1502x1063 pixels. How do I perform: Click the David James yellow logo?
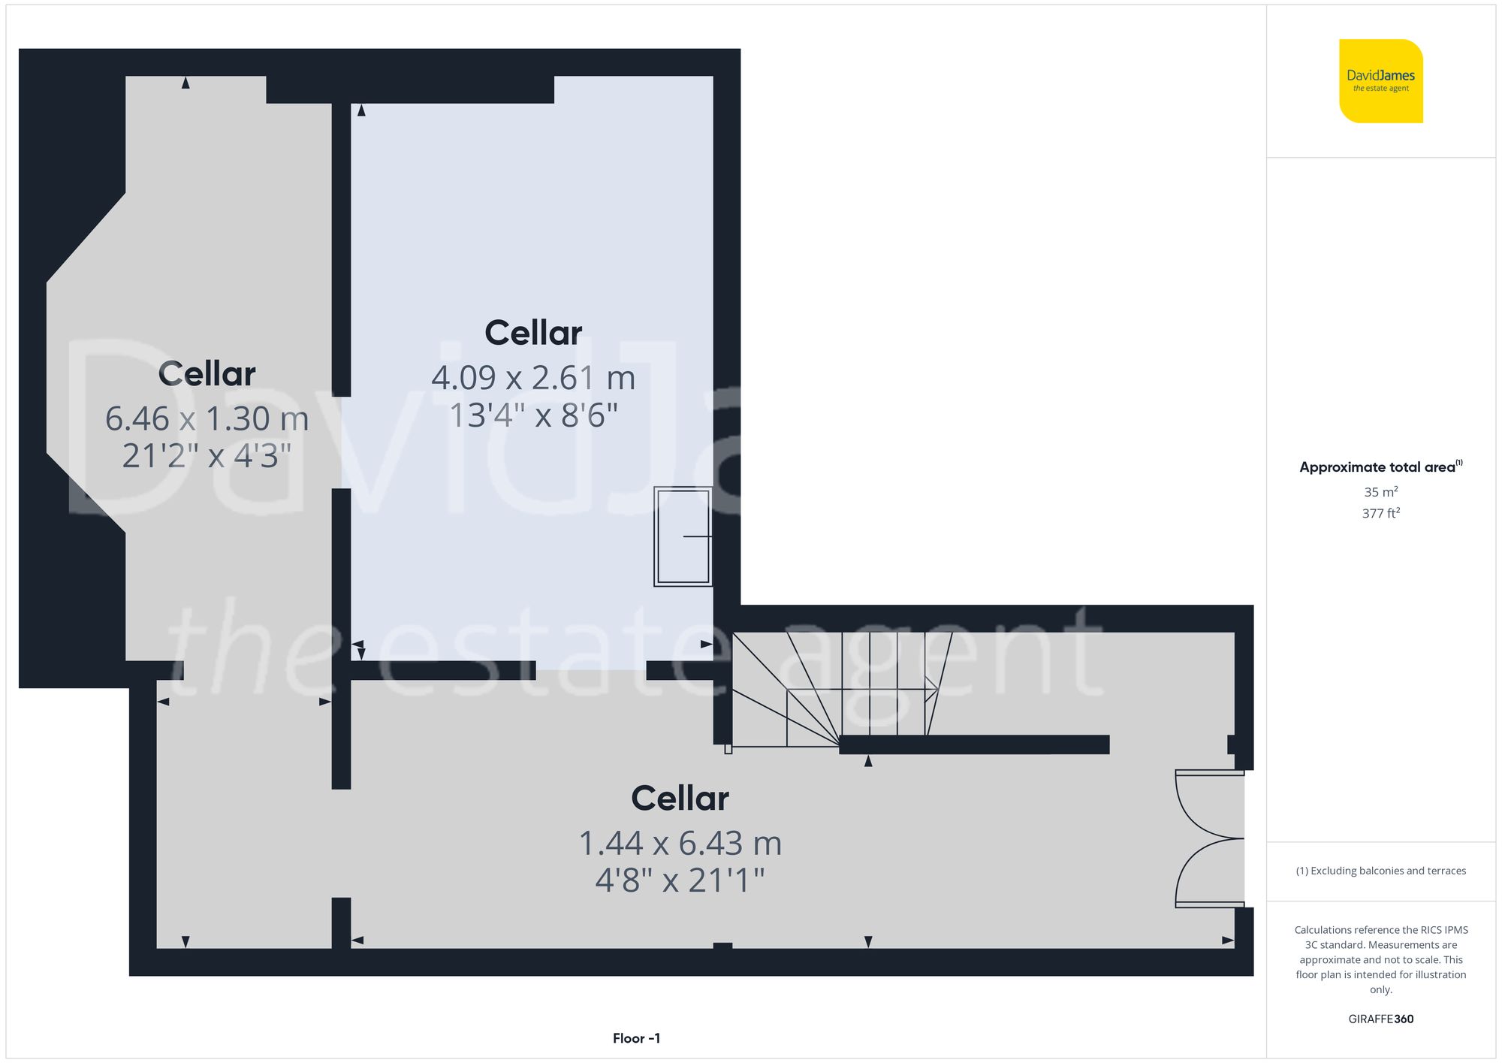pyautogui.click(x=1380, y=81)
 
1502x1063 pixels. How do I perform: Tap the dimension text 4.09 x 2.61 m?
pyautogui.click(x=533, y=378)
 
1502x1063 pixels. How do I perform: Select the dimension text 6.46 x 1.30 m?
pyautogui.click(x=207, y=418)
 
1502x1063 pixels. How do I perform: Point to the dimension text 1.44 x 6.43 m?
pyautogui.click(x=680, y=843)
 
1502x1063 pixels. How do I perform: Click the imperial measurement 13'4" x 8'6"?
pyautogui.click(x=533, y=415)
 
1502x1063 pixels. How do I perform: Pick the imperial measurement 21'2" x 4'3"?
pyautogui.click(x=207, y=456)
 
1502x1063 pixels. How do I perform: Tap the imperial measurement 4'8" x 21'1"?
pyautogui.click(x=680, y=880)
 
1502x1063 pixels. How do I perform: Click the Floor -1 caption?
pyautogui.click(x=636, y=1038)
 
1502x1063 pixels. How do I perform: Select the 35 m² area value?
pyautogui.click(x=1380, y=492)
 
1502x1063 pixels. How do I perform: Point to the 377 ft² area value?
pyautogui.click(x=1380, y=513)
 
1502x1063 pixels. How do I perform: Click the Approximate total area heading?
pyautogui.click(x=1380, y=467)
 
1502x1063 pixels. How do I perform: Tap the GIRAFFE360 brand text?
pyautogui.click(x=1380, y=1019)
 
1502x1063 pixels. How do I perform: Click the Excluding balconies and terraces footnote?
pyautogui.click(x=1380, y=871)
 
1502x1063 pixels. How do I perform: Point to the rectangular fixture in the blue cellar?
pyautogui.click(x=683, y=536)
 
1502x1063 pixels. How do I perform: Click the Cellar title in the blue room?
pyautogui.click(x=533, y=333)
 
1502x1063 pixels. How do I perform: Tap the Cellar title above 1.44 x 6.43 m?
pyautogui.click(x=680, y=798)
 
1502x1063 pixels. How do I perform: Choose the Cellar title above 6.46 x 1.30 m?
pyautogui.click(x=207, y=373)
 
